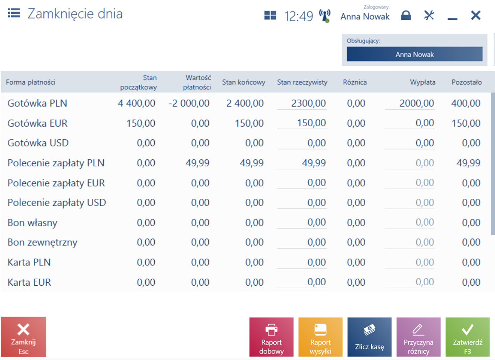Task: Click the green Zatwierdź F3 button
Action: pos(467,337)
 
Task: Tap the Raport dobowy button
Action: pos(272,337)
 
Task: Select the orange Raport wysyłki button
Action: pos(321,337)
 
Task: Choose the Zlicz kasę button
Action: pos(370,337)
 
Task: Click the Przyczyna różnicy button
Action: pos(418,337)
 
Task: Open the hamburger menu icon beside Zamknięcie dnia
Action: pos(14,13)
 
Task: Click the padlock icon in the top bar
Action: pos(406,15)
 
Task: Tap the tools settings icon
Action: pos(429,15)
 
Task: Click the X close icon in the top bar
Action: pos(475,15)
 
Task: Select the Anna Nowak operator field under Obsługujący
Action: pos(415,54)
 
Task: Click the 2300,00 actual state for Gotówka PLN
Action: pos(309,103)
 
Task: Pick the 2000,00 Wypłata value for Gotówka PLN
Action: pos(417,103)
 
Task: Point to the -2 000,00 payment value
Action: pos(189,103)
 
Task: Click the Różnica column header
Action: pos(355,82)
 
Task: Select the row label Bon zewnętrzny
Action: pos(43,242)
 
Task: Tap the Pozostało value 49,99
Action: pos(468,163)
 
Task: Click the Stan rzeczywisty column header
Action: pos(302,82)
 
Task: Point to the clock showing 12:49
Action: pos(299,16)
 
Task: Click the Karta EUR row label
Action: pos(29,282)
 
